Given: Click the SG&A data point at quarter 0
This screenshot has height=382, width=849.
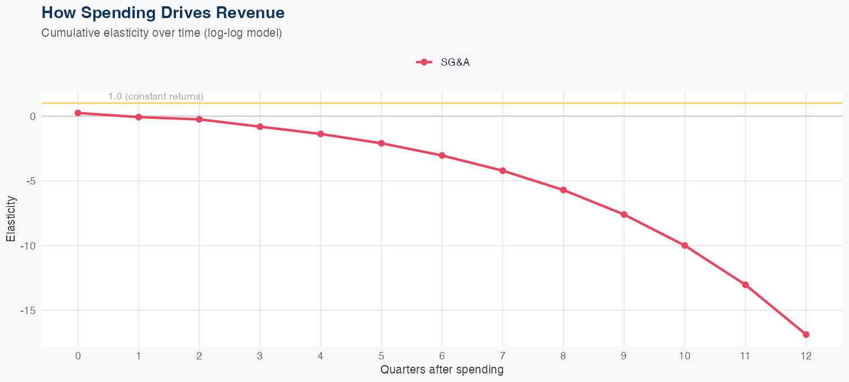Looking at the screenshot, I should (x=78, y=113).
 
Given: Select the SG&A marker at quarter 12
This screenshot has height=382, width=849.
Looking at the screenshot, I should (x=806, y=334).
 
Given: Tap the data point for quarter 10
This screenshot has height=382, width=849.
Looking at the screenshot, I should (x=685, y=246).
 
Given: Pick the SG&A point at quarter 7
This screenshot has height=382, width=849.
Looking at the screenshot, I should (x=503, y=170).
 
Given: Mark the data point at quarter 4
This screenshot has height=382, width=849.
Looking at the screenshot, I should (x=321, y=134).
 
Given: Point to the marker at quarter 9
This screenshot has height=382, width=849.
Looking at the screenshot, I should (x=624, y=214).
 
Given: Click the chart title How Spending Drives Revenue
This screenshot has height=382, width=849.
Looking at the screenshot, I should (x=163, y=12).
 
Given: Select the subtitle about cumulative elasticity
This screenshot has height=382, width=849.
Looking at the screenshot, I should (x=161, y=33).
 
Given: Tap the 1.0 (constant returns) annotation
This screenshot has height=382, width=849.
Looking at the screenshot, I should (x=156, y=97).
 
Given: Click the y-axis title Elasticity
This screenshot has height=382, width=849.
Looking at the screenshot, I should (x=11, y=218).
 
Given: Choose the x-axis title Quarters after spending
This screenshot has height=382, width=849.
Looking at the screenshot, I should (x=441, y=370).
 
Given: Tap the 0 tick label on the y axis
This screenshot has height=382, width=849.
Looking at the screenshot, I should (x=33, y=116).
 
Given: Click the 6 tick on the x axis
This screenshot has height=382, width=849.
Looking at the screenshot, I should (x=442, y=356).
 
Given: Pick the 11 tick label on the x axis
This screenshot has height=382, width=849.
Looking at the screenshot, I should (x=745, y=356).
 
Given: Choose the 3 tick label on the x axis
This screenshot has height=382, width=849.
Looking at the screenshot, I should (x=260, y=356).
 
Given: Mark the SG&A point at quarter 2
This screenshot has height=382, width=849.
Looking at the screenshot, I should (x=199, y=119).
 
